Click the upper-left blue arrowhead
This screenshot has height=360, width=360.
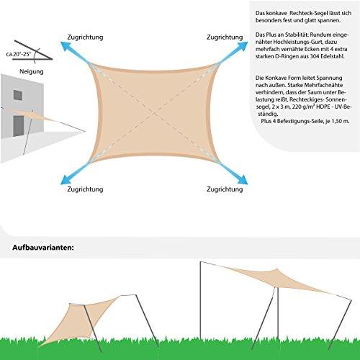pyautogui.click(x=66, y=46)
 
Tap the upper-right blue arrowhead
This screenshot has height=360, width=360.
pyautogui.click(x=243, y=46)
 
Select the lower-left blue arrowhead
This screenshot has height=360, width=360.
pyautogui.click(x=66, y=179)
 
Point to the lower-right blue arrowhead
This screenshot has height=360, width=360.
pyautogui.click(x=243, y=179)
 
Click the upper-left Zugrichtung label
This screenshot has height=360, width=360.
pyautogui.click(x=85, y=37)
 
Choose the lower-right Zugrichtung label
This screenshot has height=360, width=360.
pyautogui.click(x=225, y=189)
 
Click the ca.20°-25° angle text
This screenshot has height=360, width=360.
pyautogui.click(x=19, y=54)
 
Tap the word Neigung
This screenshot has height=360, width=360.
pyautogui.click(x=32, y=71)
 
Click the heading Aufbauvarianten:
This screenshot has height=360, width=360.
pyautogui.click(x=43, y=248)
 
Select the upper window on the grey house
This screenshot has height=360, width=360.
pyautogui.click(x=18, y=95)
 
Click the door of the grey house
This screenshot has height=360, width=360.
pyautogui.click(x=19, y=126)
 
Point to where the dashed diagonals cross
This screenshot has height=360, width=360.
pyautogui.click(x=155, y=112)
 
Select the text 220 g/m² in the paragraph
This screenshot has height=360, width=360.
pyautogui.click(x=303, y=107)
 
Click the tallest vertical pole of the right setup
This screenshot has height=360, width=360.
pyautogui.click(x=200, y=300)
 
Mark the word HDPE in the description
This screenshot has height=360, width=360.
pyautogui.click(x=323, y=107)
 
